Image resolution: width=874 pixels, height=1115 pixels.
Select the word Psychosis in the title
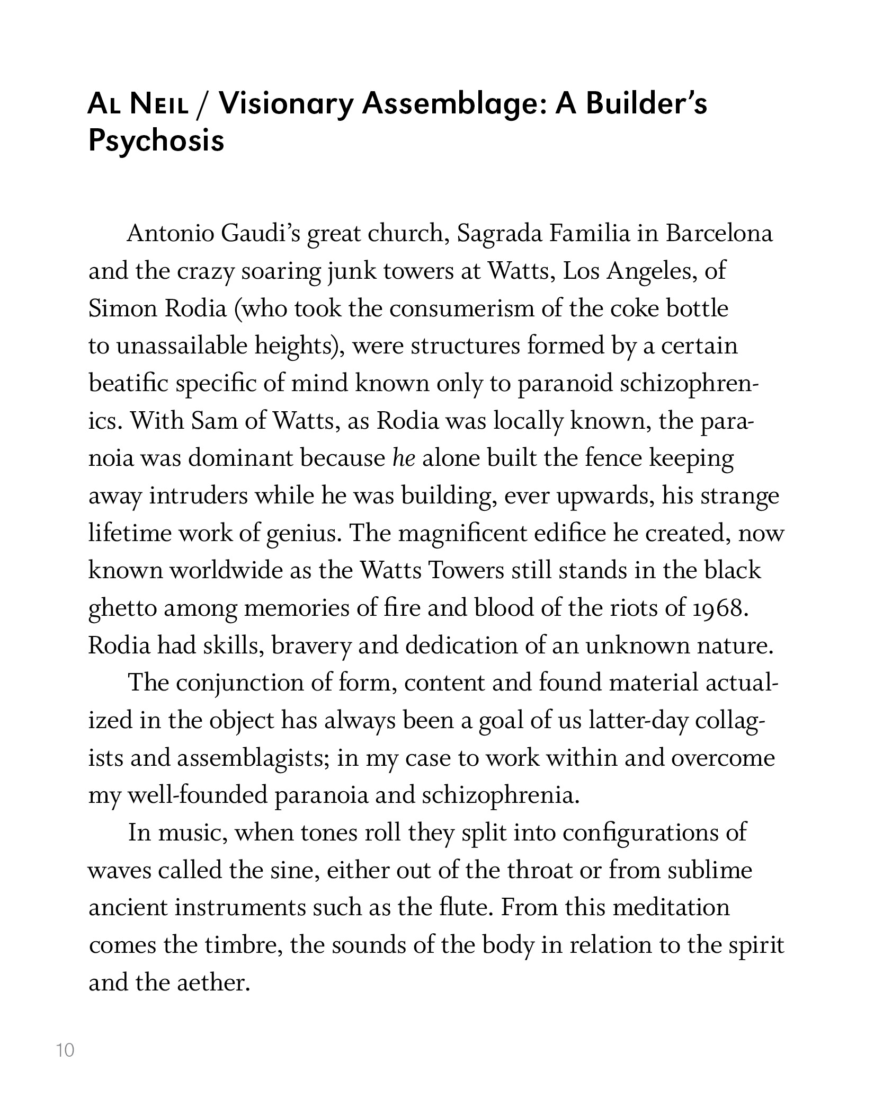coord(156,141)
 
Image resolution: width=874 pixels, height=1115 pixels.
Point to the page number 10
coord(65,1050)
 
